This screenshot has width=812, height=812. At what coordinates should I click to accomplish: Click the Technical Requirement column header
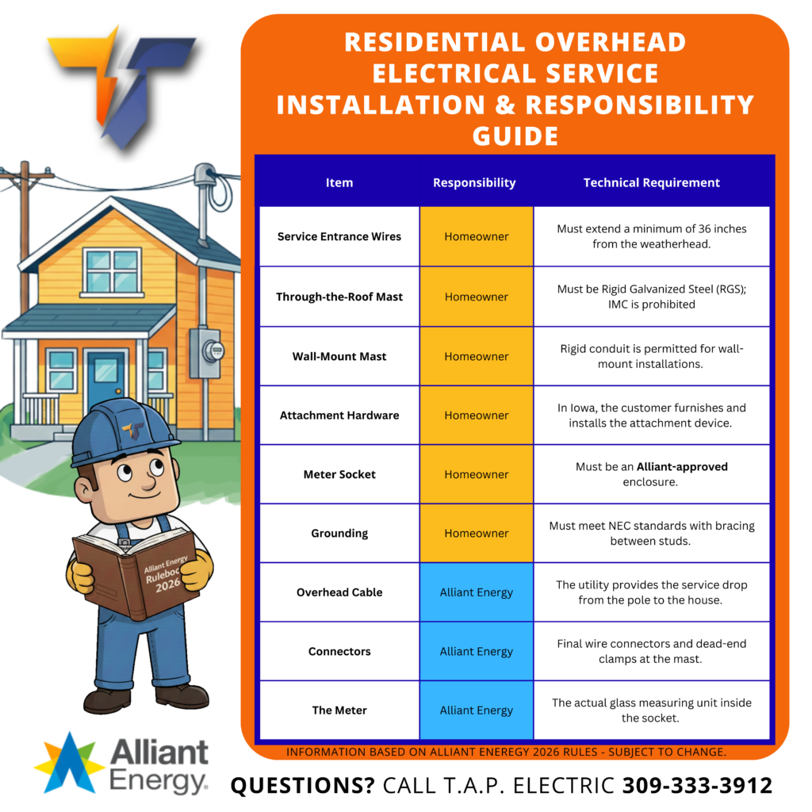[x=652, y=182]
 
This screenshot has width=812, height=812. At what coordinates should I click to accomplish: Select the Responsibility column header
[x=474, y=183]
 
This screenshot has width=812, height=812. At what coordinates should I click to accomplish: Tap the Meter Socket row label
[x=339, y=474]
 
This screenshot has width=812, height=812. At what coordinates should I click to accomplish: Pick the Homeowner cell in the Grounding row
[x=477, y=534]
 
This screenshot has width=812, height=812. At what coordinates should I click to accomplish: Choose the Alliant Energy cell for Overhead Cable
[x=477, y=592]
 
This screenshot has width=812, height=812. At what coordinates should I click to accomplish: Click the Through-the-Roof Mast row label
[x=339, y=297]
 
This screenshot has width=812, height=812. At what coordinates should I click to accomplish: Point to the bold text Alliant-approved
[x=682, y=466]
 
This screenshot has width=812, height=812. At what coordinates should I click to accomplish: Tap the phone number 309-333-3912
[x=697, y=785]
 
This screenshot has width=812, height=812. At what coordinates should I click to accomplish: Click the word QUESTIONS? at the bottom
[x=302, y=786]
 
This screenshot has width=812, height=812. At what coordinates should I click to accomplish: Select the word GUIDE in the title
[x=515, y=136]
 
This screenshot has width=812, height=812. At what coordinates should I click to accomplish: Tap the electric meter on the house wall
[x=207, y=352]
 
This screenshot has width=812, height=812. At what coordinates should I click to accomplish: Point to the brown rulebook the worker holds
[x=136, y=574]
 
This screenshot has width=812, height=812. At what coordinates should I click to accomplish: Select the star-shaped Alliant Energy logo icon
[x=69, y=764]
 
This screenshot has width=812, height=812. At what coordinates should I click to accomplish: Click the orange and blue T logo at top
[x=121, y=86]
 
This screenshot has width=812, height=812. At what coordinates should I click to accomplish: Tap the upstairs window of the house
[x=112, y=271]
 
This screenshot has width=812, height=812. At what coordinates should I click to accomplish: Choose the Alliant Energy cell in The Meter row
[x=477, y=710]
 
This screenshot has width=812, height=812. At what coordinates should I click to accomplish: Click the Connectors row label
[x=339, y=652]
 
